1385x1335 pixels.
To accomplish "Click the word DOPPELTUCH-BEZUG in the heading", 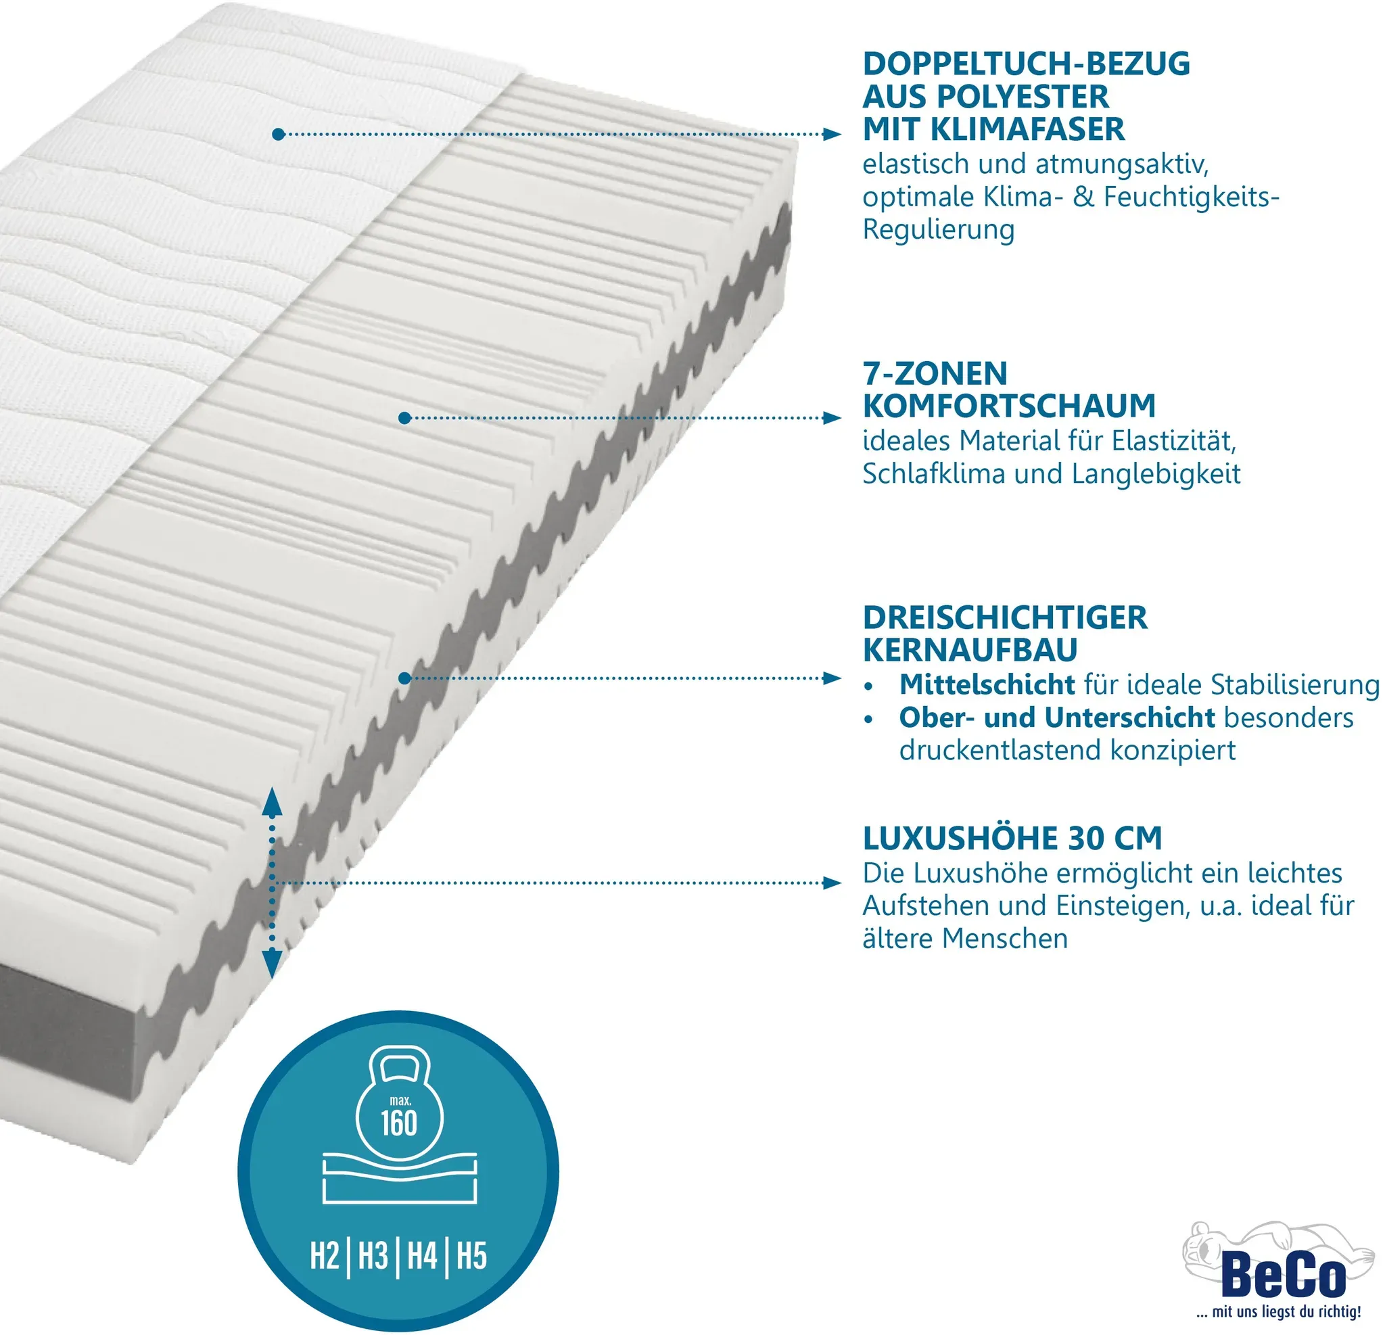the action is pyautogui.click(x=1026, y=64).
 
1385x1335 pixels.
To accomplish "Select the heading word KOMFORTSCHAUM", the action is pyautogui.click(x=1009, y=406).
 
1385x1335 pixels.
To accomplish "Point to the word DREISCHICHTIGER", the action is pyautogui.click(x=1005, y=617).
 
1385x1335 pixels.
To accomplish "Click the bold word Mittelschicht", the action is pyautogui.click(x=987, y=684).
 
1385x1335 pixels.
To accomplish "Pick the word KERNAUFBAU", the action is pyautogui.click(x=970, y=650).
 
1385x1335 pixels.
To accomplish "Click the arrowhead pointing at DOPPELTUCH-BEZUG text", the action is pyautogui.click(x=832, y=135).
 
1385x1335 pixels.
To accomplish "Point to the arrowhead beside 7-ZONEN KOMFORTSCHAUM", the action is pyautogui.click(x=832, y=419).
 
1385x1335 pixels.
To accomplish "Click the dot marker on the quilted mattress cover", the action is pyautogui.click(x=279, y=135).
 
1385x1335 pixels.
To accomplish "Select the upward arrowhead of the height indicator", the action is pyautogui.click(x=273, y=801).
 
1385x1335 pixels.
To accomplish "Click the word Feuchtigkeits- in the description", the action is pyautogui.click(x=1192, y=197).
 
